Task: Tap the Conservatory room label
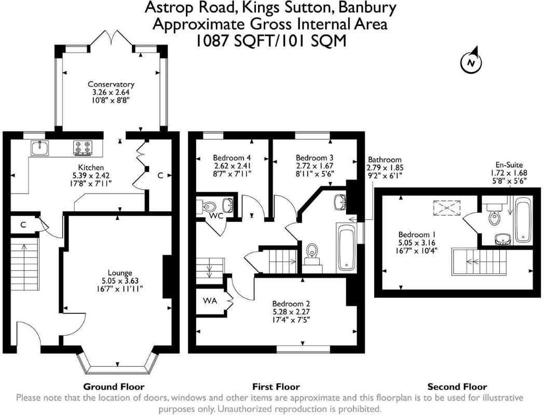pyautogui.click(x=111, y=84)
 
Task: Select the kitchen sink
pyautogui.click(x=39, y=148)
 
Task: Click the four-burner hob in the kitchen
pyautogui.click(x=83, y=147)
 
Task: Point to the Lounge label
pyautogui.click(x=120, y=273)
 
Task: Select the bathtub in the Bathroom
pyautogui.click(x=346, y=247)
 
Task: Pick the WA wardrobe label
pyautogui.click(x=210, y=301)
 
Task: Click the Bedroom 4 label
pyautogui.click(x=232, y=158)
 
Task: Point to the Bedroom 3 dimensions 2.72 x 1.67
pyautogui.click(x=315, y=165)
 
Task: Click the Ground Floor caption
pyautogui.click(x=114, y=386)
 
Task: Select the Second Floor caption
pyautogui.click(x=457, y=386)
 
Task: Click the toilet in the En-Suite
pyautogui.click(x=494, y=214)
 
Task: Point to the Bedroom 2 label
pyautogui.click(x=291, y=304)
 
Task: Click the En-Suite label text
pyautogui.click(x=509, y=165)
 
